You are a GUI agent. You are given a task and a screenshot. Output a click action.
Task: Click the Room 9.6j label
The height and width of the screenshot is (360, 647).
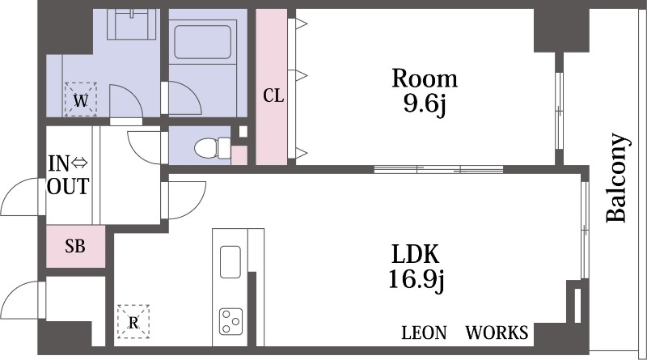click(x=425, y=91)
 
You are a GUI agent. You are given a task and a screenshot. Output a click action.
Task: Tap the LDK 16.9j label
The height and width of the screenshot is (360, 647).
click(x=416, y=267)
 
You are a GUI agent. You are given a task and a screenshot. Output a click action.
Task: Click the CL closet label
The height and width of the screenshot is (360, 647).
click(x=273, y=95)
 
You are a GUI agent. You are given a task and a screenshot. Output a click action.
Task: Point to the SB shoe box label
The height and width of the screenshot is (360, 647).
click(x=75, y=246)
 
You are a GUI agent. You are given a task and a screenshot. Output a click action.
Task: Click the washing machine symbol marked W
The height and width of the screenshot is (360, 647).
click(x=80, y=100)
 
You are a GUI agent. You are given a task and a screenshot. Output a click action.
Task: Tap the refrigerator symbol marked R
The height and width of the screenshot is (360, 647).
click(x=133, y=322)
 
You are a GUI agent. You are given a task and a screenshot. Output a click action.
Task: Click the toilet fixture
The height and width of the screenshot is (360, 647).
click(x=212, y=148)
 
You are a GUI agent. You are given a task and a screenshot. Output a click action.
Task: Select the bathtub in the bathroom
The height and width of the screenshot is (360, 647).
click(x=202, y=42)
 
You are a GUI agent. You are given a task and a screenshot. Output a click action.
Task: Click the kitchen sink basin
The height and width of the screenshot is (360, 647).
click(x=230, y=262)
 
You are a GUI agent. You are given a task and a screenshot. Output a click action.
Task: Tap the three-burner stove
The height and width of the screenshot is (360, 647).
click(x=230, y=322)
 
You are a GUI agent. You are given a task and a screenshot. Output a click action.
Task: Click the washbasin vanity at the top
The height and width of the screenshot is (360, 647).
click(x=133, y=24)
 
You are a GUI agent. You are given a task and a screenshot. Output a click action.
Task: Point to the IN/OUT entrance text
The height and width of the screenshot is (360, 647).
click(x=68, y=175)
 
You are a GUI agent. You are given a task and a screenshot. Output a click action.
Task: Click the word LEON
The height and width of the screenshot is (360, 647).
click(x=424, y=332)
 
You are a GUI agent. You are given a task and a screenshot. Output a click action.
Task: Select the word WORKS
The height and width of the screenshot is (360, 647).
click(x=497, y=332)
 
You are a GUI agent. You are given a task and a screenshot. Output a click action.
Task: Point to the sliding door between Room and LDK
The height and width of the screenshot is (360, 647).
click(x=438, y=169)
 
